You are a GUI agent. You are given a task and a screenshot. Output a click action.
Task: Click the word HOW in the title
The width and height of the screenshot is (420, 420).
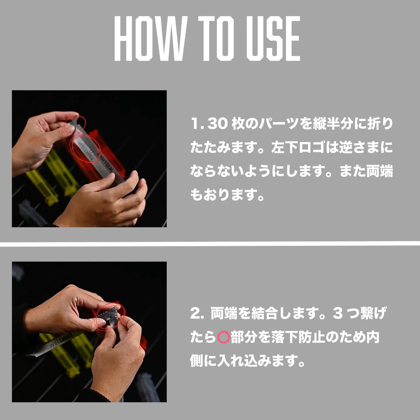click(x=151, y=38)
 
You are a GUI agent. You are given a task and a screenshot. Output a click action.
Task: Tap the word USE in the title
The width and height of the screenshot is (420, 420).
click(x=273, y=38)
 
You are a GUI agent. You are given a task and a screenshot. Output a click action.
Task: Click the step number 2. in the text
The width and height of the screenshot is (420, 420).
click(x=197, y=313)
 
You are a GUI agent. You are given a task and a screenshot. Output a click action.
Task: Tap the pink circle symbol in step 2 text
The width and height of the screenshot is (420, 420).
click(x=223, y=337)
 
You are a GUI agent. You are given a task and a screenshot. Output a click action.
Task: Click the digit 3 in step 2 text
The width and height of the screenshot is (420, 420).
click(x=338, y=313)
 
